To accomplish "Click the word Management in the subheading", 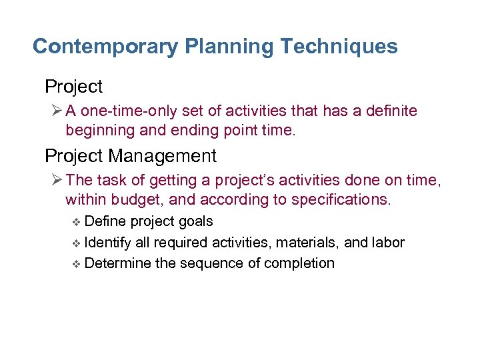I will (x=162, y=156).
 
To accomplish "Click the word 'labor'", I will (x=388, y=242).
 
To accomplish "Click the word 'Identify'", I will (x=109, y=242).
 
